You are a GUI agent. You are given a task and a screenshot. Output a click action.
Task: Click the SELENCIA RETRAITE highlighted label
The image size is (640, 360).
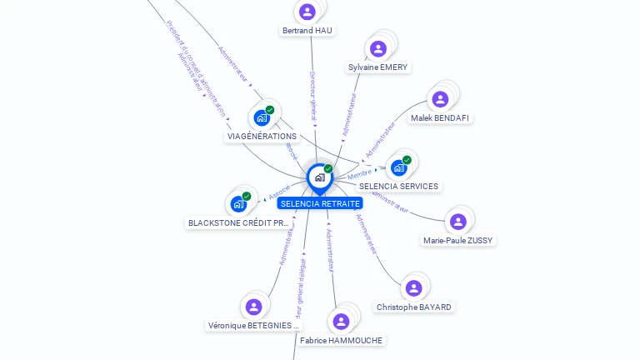321,203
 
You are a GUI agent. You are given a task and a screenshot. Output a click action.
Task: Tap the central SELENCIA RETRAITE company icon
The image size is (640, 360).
319,177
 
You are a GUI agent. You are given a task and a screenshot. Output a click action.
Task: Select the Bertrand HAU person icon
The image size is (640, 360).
307,12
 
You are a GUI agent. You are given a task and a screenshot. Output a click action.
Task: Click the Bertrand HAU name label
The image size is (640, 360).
307,31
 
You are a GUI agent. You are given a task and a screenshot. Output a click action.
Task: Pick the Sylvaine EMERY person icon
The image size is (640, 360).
378,48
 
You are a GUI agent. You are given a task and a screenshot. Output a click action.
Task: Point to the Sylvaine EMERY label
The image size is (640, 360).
379,67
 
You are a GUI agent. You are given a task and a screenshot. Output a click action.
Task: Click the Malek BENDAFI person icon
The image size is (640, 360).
441,99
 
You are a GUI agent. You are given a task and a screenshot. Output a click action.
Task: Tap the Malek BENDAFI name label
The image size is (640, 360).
441,118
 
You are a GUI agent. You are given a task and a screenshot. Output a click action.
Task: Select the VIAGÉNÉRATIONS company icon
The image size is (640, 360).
262,117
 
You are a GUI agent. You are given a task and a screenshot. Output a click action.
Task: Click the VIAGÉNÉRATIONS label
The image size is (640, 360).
262,137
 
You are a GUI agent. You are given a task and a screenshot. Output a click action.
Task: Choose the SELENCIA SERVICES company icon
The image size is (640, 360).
399,167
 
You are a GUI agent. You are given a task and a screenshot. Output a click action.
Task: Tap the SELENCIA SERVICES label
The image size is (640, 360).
398,187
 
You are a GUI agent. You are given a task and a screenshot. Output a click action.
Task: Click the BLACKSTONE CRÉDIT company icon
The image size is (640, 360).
239,203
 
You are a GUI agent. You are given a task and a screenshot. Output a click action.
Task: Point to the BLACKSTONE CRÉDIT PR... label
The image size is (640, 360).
239,223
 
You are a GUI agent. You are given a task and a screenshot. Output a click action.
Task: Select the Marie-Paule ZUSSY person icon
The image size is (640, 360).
457,222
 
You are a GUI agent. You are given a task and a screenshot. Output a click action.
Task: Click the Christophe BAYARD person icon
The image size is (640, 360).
414,288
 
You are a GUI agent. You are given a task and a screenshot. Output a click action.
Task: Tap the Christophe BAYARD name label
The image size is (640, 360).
414,307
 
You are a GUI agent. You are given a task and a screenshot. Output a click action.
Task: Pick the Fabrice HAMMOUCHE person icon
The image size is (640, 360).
341,321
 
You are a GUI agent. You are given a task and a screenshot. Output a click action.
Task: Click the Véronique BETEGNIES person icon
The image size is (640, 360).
254,307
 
